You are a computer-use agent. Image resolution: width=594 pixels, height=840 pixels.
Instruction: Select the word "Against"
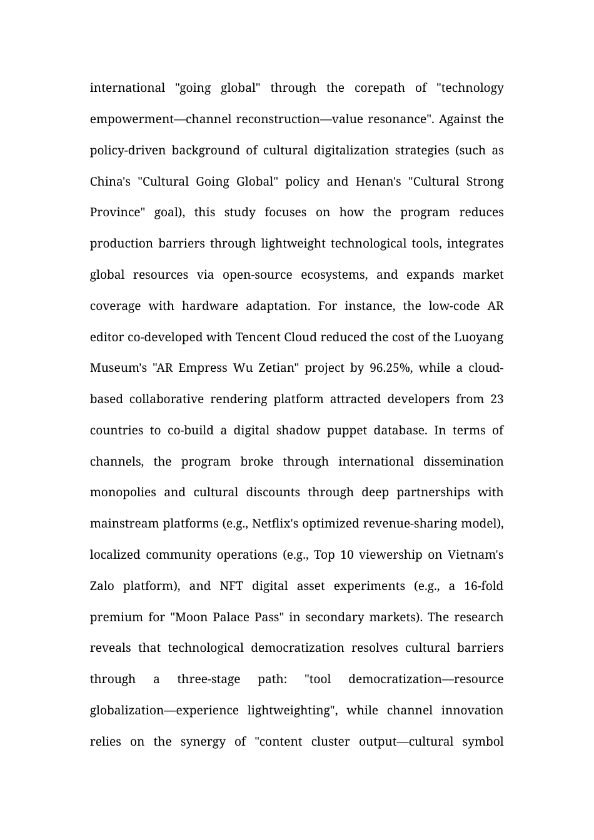[460, 119]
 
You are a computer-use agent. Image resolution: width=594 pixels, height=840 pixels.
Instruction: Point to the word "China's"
[110, 182]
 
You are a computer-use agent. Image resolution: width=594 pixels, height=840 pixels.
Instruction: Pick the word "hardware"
[209, 306]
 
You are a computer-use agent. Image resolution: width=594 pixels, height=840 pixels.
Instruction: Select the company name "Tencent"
[258, 337]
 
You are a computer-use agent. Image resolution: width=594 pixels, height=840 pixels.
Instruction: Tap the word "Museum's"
[118, 368]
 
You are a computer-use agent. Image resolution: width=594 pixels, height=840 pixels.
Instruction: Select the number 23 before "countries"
[496, 399]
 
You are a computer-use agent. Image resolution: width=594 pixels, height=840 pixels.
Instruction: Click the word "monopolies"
[123, 492]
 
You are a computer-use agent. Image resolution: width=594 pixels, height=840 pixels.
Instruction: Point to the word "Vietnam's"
[475, 555]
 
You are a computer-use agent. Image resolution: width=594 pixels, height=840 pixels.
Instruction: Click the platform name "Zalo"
[102, 586]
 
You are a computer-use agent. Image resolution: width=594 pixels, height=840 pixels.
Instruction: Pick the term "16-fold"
[483, 586]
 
